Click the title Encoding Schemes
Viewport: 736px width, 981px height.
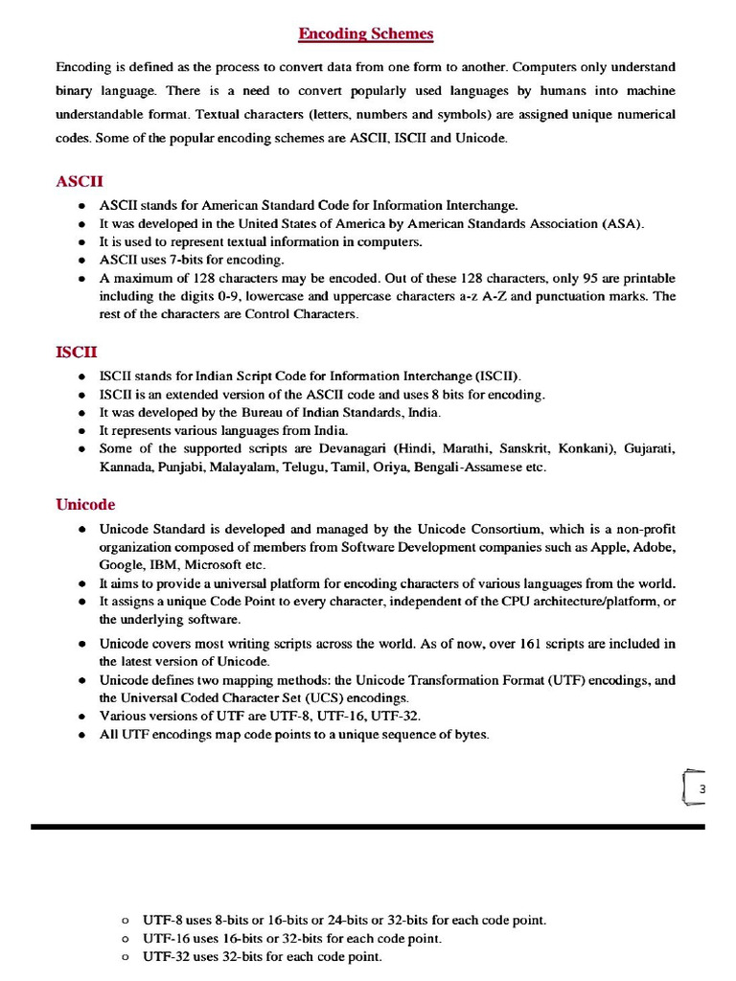pos(366,34)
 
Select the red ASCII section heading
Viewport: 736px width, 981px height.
pos(80,181)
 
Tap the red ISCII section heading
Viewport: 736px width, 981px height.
pos(77,353)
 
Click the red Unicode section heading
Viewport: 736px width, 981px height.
pos(85,504)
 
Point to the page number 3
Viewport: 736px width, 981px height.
pos(701,788)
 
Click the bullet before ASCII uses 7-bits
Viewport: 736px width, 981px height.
pos(82,261)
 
